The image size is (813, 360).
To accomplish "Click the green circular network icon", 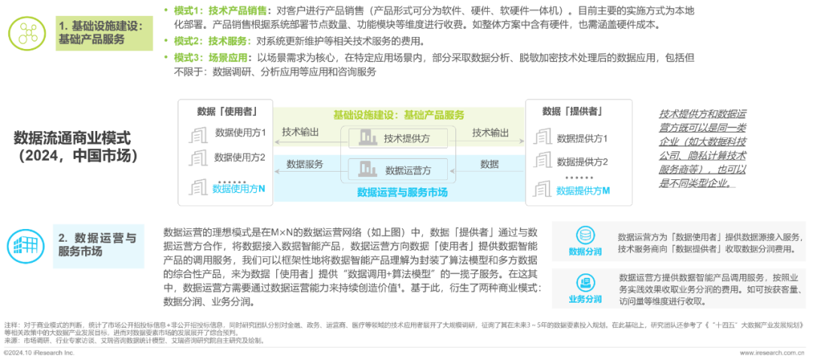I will pos(29,32).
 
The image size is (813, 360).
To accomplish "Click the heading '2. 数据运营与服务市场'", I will pos(97,245).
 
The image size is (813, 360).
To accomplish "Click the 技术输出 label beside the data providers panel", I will pos(491,132).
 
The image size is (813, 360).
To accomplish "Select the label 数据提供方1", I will pos(582,139).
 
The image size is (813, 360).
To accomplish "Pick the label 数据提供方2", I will pos(582,161).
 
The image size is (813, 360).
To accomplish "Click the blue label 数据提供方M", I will pos(583,191).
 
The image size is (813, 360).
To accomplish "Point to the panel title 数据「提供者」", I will pos(577,111).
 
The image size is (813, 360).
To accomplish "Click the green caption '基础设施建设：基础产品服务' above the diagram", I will pos(398,115).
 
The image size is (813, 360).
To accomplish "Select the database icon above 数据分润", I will pos(585,234).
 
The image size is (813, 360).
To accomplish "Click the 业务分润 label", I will pos(585,299).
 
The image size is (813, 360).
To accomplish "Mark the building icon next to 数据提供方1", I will pos(542,138).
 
